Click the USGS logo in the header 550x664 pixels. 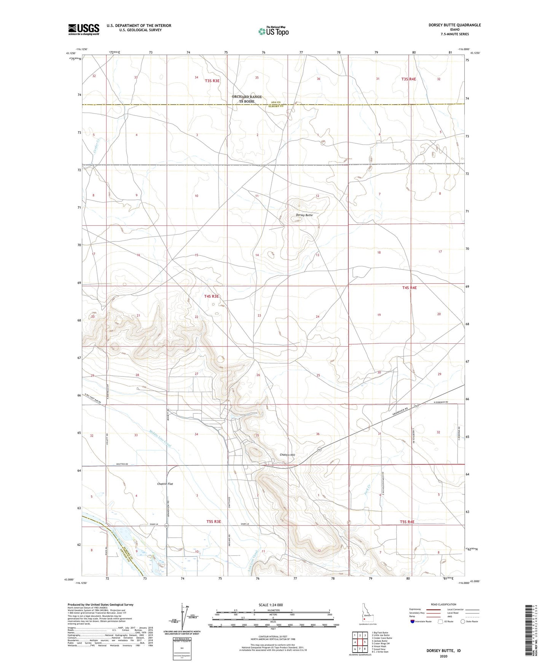(84, 29)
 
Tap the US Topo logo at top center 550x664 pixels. (273, 31)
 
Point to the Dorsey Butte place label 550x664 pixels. (304, 215)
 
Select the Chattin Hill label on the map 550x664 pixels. (287, 455)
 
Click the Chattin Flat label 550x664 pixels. (165, 484)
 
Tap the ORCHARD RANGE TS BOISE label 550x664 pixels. (247, 99)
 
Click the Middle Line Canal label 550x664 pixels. (160, 438)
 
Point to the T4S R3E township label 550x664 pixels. (212, 296)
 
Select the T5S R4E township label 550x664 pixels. (407, 522)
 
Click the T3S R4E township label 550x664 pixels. (408, 79)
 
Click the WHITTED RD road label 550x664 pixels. (122, 464)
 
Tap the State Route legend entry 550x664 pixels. (469, 621)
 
